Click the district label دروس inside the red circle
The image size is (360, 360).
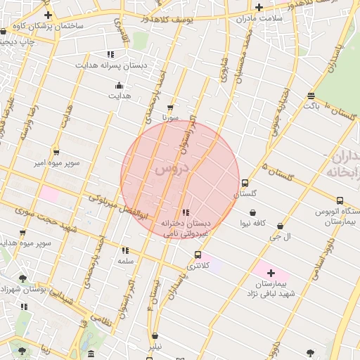[x=172, y=169]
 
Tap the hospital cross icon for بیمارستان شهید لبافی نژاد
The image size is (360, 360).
[x=271, y=272]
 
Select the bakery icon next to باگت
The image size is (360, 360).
[x=311, y=96]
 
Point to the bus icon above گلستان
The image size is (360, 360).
[x=245, y=183]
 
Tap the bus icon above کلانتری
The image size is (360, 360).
[x=198, y=255]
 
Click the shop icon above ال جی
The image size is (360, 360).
[x=281, y=226]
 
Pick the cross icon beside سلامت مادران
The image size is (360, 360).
[x=259, y=7]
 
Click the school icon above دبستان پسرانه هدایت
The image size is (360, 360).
[x=110, y=54]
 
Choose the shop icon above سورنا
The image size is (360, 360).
[x=169, y=108]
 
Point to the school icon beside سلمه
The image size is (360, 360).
[x=125, y=250]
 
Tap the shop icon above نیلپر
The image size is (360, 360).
[x=155, y=336]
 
